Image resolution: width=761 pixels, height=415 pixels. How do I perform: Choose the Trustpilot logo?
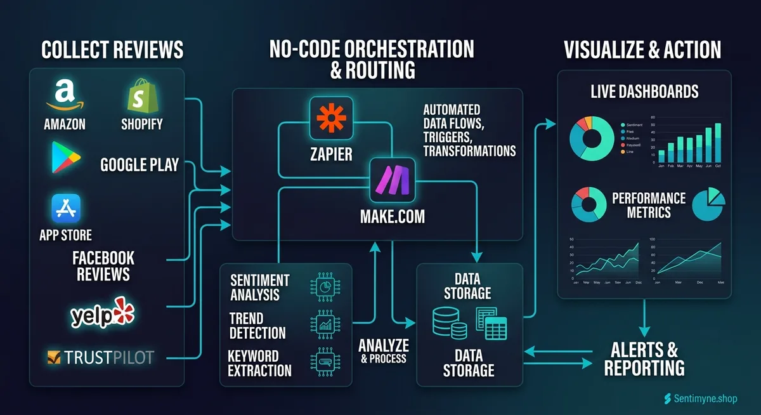click(x=101, y=357)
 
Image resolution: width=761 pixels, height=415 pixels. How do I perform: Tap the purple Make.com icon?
click(x=393, y=180)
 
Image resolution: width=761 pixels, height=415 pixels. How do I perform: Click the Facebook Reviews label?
click(x=103, y=266)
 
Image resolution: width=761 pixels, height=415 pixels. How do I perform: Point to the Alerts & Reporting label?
click(x=644, y=359)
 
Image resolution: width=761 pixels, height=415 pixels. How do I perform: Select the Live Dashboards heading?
click(x=644, y=91)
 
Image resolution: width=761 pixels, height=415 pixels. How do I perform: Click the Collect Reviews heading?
click(x=112, y=49)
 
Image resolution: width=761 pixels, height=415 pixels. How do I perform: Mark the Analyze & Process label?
click(x=383, y=350)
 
